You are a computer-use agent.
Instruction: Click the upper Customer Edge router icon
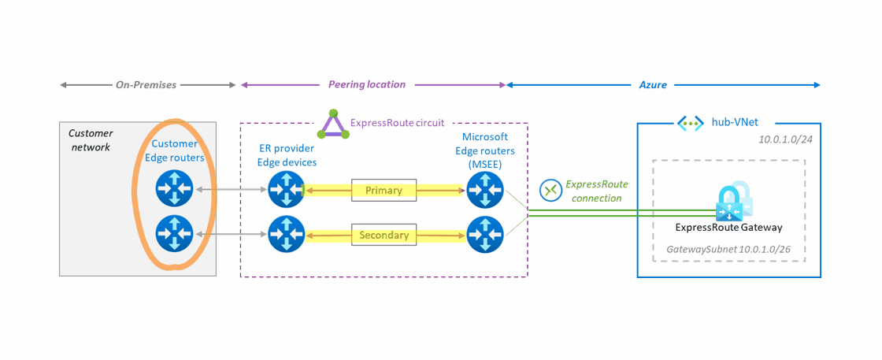pyautogui.click(x=173, y=190)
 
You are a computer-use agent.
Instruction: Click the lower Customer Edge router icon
pyautogui.click(x=173, y=234)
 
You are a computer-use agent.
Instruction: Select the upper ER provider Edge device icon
pyautogui.click(x=284, y=190)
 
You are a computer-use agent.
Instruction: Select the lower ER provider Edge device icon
pyautogui.click(x=284, y=234)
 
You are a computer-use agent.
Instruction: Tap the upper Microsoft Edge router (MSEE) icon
pyautogui.click(x=483, y=190)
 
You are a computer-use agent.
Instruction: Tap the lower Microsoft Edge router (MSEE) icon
pyautogui.click(x=483, y=234)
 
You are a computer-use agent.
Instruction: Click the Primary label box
pyautogui.click(x=384, y=190)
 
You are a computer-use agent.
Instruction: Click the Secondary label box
pyautogui.click(x=384, y=235)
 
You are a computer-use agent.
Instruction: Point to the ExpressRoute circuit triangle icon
pyautogui.click(x=335, y=124)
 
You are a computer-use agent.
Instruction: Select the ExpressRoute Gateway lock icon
pyautogui.click(x=732, y=203)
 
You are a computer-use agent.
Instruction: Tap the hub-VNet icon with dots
pyautogui.click(x=690, y=123)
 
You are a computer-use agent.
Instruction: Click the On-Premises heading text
pyautogui.click(x=146, y=84)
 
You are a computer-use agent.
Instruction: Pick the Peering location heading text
pyautogui.click(x=367, y=84)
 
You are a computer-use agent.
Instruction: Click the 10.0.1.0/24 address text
pyautogui.click(x=785, y=139)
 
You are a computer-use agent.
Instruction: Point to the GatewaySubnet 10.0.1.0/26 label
pyautogui.click(x=729, y=249)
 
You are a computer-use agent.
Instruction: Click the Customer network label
pyautogui.click(x=91, y=140)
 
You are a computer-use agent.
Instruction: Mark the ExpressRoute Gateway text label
pyautogui.click(x=728, y=228)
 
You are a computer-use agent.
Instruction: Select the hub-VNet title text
pyautogui.click(x=734, y=123)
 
